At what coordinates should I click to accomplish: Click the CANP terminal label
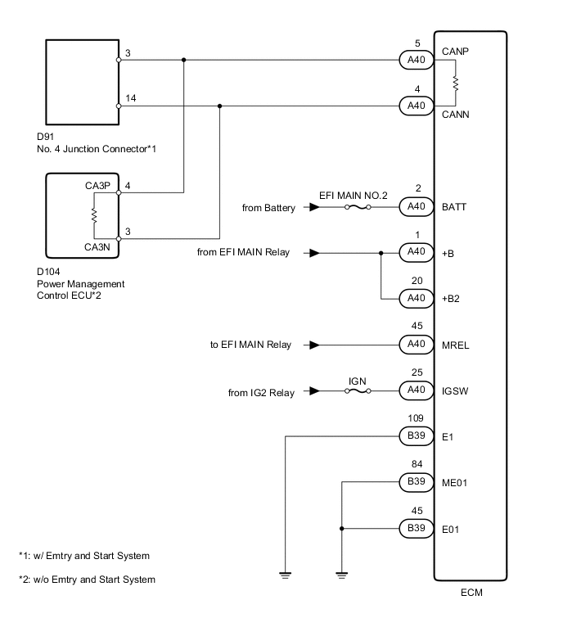click(456, 52)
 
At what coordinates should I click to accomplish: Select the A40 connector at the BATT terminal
click(417, 208)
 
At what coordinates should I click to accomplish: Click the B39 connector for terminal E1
click(417, 436)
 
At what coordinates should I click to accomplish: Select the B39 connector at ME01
click(417, 483)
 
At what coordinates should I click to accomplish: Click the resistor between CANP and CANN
click(456, 83)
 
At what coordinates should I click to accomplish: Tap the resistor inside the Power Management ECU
click(95, 215)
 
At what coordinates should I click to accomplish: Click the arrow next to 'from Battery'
click(313, 208)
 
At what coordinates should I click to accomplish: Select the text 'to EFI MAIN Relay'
click(250, 345)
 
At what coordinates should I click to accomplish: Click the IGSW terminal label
click(456, 392)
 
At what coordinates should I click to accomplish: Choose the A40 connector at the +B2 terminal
click(417, 299)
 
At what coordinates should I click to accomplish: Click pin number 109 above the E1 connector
click(417, 420)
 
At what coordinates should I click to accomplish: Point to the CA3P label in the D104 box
click(97, 186)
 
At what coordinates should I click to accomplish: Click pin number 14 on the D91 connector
click(131, 98)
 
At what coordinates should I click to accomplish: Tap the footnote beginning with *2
click(87, 580)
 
